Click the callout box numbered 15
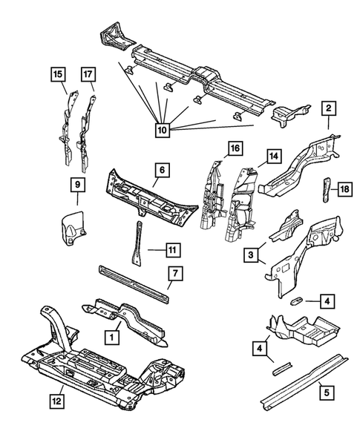click(x=58, y=74)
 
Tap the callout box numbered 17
click(x=88, y=74)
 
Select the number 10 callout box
click(x=163, y=130)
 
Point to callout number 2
click(x=329, y=108)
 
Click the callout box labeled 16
click(x=235, y=148)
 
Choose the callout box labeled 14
click(x=274, y=157)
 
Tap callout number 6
click(x=163, y=170)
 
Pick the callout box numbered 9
click(x=77, y=184)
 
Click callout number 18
click(x=345, y=189)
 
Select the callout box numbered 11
click(x=173, y=250)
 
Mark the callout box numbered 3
click(x=251, y=254)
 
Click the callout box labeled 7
click(x=175, y=274)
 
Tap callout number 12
click(x=57, y=401)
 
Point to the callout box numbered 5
click(x=327, y=392)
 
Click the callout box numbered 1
click(x=112, y=338)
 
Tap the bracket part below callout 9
click(x=73, y=224)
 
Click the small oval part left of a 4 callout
click(x=296, y=300)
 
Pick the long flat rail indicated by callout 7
click(x=134, y=284)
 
